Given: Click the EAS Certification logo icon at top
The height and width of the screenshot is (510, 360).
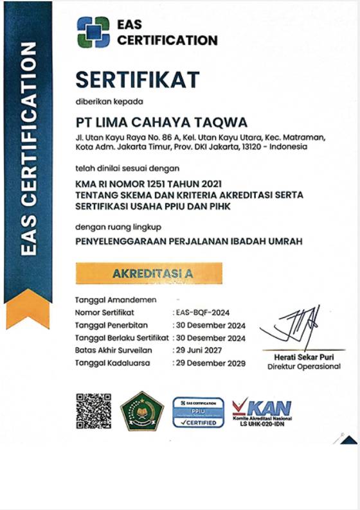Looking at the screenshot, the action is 93,32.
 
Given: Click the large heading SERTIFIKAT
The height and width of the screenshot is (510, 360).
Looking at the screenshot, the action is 137,80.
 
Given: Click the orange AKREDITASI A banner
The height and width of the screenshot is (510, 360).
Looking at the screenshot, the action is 149,273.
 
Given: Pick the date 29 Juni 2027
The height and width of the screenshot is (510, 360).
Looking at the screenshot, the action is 201,350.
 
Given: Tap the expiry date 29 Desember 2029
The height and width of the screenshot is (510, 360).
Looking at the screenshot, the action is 210,363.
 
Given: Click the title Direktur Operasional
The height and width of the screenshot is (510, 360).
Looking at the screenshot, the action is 303,366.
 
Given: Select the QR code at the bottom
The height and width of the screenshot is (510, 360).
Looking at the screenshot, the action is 94,410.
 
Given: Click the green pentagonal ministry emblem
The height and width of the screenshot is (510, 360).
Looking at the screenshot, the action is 143,411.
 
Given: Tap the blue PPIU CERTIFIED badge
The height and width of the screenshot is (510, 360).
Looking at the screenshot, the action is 198,412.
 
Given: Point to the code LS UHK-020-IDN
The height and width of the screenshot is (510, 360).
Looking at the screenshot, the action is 262,425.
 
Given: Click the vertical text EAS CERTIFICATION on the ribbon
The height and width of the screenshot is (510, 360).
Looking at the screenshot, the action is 28,150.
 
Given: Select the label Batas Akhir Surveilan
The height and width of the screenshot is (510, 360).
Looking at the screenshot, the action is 112,350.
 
